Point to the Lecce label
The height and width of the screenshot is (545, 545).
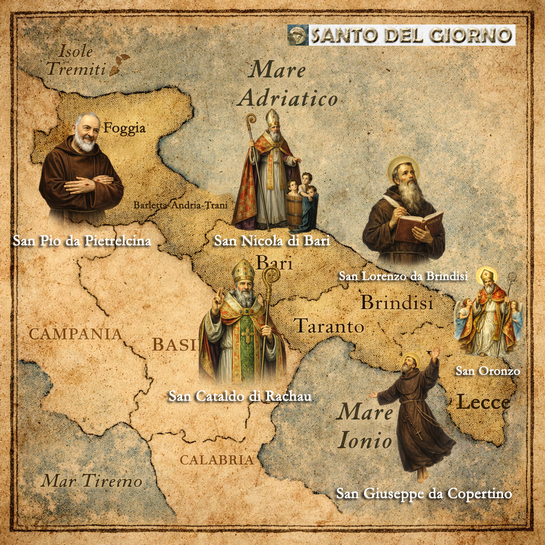(x=483, y=402)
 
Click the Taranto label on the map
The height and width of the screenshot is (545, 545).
(x=329, y=326)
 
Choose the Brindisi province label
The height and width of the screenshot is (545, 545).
(x=397, y=302)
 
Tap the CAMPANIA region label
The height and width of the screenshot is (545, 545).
(x=75, y=334)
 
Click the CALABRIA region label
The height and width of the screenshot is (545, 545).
(x=216, y=460)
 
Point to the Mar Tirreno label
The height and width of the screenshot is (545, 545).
(x=92, y=482)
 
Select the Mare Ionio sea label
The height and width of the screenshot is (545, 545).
(x=366, y=426)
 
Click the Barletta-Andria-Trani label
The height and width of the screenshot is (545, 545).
(x=180, y=205)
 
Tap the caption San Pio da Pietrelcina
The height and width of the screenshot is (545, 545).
(x=82, y=241)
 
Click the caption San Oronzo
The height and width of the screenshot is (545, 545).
(x=487, y=371)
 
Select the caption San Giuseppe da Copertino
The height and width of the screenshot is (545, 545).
(x=424, y=493)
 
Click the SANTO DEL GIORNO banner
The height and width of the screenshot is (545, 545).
(x=401, y=35)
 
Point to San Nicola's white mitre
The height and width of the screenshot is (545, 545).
(x=272, y=118)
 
